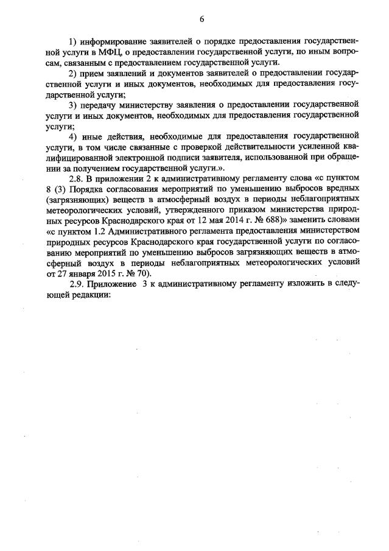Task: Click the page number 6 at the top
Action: point(201,19)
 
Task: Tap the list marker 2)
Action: point(74,74)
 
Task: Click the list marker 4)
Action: point(74,135)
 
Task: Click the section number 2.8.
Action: point(76,177)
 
